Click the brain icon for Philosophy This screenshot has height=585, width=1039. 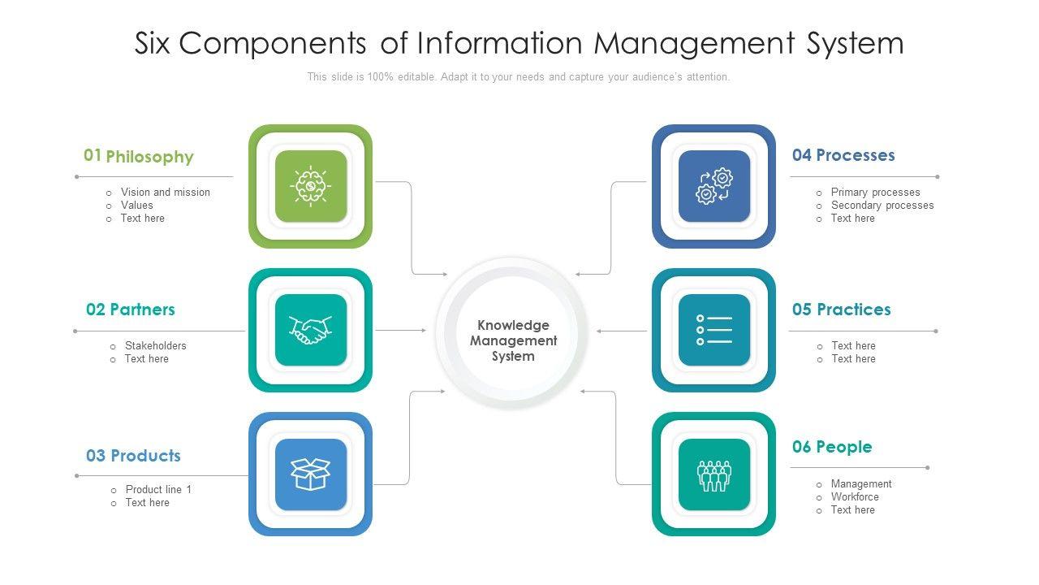click(310, 186)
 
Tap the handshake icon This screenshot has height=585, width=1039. click(310, 330)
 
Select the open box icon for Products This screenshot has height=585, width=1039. click(310, 474)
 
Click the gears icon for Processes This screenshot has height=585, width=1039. click(714, 186)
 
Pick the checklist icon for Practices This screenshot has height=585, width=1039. click(714, 330)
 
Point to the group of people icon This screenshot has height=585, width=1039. click(714, 474)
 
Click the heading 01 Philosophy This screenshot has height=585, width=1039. click(139, 156)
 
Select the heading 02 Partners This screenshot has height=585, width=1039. click(131, 310)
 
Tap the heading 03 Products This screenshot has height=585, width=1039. click(133, 456)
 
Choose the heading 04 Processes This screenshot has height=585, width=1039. click(843, 155)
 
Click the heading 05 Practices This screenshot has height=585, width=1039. click(841, 310)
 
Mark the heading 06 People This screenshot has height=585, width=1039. click(832, 447)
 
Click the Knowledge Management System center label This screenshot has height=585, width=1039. click(513, 340)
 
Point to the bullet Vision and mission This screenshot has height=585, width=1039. click(165, 193)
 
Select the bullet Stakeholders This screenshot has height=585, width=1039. click(155, 346)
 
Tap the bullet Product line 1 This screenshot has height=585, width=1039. click(158, 490)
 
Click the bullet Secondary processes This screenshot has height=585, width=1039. click(882, 206)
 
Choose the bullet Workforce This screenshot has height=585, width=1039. click(854, 497)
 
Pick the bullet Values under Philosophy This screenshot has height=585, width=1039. click(136, 206)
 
